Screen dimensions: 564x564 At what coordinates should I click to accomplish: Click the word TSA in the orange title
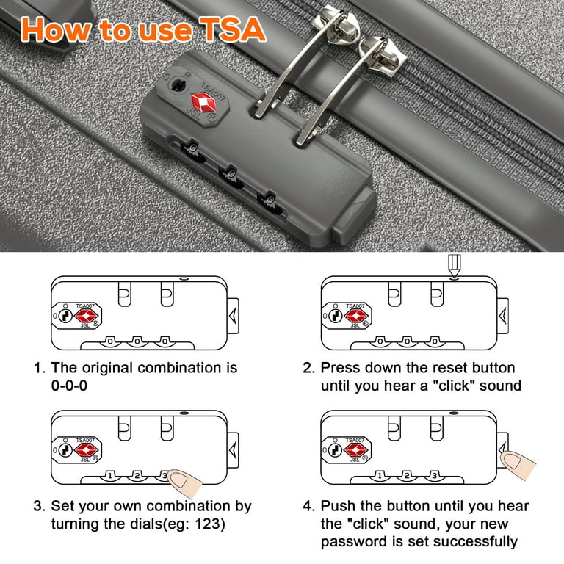[233, 29]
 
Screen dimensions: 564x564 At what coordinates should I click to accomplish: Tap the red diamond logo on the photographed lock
[203, 103]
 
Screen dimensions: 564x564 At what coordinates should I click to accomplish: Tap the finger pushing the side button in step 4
[517, 464]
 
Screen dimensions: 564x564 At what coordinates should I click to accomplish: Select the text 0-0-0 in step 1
[69, 386]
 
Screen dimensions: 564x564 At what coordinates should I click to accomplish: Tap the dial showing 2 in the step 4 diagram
[407, 476]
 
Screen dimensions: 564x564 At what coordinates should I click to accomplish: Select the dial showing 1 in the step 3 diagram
[110, 476]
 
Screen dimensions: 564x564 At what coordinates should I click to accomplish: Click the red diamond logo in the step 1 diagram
[86, 316]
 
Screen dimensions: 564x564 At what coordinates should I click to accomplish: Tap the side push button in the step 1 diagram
[233, 316]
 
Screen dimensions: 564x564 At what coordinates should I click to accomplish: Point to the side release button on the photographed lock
[354, 216]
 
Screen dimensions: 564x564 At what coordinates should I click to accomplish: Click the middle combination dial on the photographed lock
[231, 177]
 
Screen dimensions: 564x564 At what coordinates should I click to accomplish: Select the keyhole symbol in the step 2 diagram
[336, 316]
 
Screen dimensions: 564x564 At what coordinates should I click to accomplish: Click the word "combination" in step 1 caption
[179, 368]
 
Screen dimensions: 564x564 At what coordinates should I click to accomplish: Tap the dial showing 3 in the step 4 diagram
[434, 476]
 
